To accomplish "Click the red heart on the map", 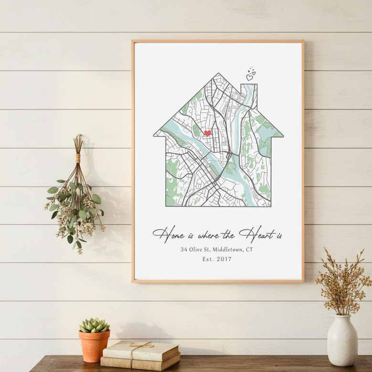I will [x=207, y=133].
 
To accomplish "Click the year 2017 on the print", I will [x=223, y=259].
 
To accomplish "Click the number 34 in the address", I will [x=184, y=249].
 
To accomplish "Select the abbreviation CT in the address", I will [x=249, y=249].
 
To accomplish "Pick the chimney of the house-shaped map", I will [x=249, y=93].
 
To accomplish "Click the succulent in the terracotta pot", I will [x=94, y=325].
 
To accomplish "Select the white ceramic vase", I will [x=342, y=340].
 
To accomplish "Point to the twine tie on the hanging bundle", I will [x=78, y=158].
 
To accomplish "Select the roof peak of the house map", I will [x=218, y=75].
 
